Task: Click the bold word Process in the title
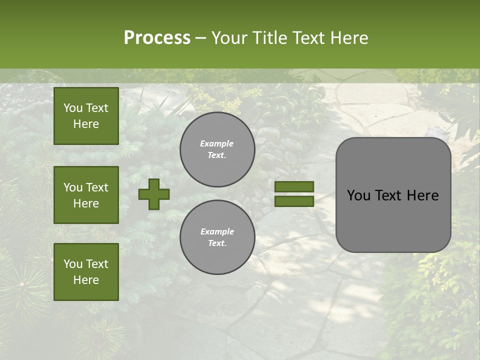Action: (157, 38)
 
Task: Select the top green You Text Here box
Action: (86, 116)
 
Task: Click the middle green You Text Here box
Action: (86, 195)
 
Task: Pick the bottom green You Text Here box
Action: (86, 272)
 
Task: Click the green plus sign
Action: (154, 194)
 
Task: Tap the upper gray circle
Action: (217, 149)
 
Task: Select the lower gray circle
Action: (217, 237)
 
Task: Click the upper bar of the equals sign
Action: (294, 186)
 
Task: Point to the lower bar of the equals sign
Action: (294, 201)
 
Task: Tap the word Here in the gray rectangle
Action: (422, 195)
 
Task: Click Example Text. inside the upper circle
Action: (217, 149)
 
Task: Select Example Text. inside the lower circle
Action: (217, 237)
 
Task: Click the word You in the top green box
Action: (73, 108)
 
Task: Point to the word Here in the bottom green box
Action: (86, 280)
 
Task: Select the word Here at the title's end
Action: (348, 38)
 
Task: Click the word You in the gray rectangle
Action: (358, 195)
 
